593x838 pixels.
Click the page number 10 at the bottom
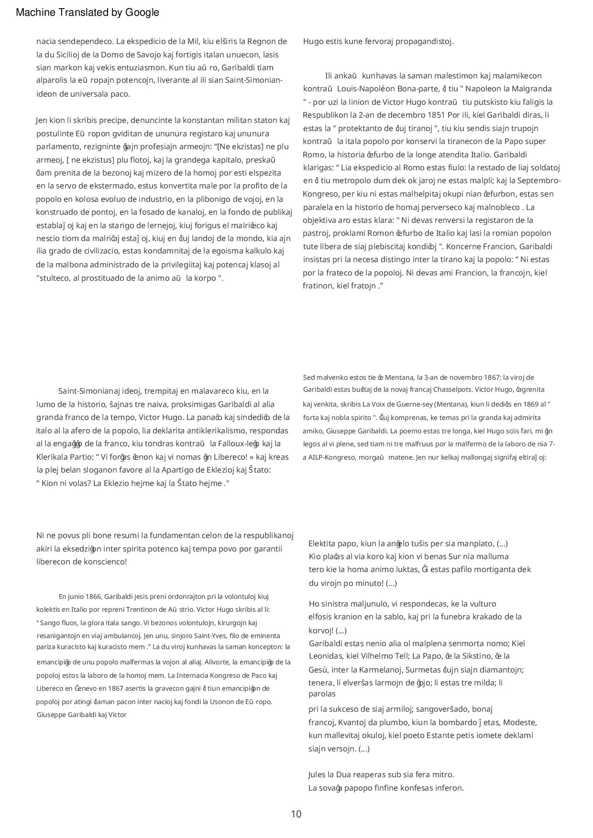(296, 814)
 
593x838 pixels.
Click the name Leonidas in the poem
(325, 656)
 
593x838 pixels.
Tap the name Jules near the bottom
(318, 774)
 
